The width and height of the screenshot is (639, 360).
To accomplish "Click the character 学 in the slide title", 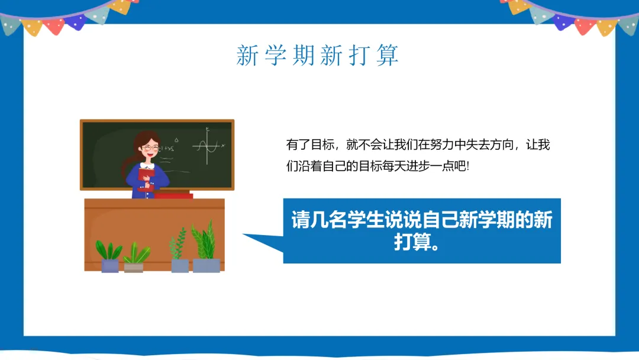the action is [x=276, y=55].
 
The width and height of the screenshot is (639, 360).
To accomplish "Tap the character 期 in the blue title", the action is [x=303, y=55].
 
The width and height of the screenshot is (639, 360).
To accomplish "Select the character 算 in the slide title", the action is [x=387, y=55].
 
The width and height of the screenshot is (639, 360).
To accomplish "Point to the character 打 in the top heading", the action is [x=359, y=55].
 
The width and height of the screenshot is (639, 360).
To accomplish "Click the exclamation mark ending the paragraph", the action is [x=468, y=166].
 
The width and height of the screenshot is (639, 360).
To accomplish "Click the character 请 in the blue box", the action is [x=301, y=220].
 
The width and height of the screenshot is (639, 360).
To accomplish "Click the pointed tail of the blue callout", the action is [x=243, y=234].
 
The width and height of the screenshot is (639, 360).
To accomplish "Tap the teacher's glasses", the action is [x=150, y=147].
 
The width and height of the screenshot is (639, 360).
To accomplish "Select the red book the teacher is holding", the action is [x=146, y=174].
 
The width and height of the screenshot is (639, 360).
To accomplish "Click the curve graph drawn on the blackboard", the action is [x=208, y=146].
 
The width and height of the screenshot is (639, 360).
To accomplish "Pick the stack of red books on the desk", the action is [x=173, y=195].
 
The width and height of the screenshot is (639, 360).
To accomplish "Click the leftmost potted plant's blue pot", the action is [x=109, y=266].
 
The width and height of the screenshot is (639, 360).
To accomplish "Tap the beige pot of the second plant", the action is [x=133, y=268].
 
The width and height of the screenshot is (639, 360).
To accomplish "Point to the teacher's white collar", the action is [x=147, y=166].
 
